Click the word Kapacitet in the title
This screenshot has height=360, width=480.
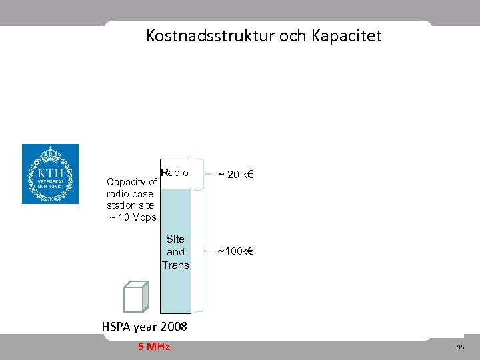click(346, 36)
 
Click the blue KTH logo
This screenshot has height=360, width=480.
click(50, 174)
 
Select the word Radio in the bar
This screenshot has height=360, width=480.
click(175, 173)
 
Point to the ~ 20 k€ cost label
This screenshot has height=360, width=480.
click(238, 175)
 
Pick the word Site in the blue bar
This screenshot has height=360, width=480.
click(175, 239)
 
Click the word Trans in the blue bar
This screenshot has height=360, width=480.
click(175, 265)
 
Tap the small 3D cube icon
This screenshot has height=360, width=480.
click(135, 297)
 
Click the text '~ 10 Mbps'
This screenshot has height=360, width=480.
click(132, 217)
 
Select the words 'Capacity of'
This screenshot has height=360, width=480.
click(131, 182)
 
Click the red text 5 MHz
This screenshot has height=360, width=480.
click(154, 347)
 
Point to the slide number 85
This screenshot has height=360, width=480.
click(460, 347)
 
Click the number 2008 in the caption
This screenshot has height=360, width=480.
click(170, 327)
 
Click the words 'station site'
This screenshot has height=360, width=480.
click(130, 205)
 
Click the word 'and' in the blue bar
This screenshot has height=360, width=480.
click(175, 252)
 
